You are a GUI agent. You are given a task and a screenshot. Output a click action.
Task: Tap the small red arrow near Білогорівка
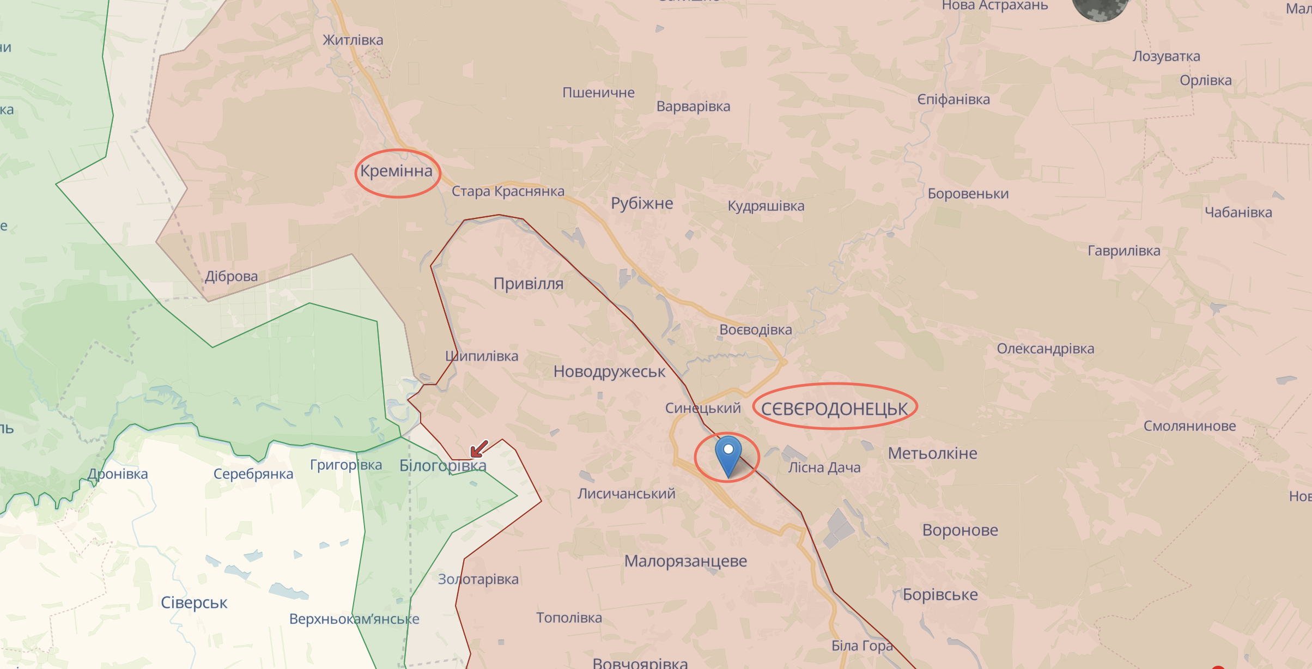pos(479,449)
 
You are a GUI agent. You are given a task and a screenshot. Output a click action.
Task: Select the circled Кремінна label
pos(396,171)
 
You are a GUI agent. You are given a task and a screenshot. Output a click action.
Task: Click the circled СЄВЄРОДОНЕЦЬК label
pos(834,409)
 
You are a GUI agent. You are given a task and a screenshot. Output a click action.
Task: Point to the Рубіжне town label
pos(642,203)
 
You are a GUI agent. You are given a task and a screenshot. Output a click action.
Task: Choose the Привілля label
pos(528,284)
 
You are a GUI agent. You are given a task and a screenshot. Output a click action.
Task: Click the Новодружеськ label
pos(609,372)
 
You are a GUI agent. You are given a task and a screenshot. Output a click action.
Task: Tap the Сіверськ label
pos(194,603)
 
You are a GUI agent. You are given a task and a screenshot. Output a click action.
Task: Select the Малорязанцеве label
pos(685,561)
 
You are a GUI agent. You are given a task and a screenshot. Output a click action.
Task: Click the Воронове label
pos(960,530)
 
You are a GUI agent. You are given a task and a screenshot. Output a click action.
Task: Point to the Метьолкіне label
pos(932,453)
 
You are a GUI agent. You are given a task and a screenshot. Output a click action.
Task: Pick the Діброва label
pos(231,276)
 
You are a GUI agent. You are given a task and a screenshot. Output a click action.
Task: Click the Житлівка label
pos(353,40)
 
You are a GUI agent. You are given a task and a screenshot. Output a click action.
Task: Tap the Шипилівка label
pos(482,356)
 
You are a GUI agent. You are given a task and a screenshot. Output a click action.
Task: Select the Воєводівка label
pos(755,330)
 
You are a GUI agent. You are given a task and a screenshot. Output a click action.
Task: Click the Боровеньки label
pos(968,194)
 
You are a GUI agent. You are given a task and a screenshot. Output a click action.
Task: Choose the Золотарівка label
pos(478,579)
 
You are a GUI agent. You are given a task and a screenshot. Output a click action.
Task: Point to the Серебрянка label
pos(253,474)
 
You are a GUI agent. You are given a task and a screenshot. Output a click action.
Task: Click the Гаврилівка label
pos(1123,251)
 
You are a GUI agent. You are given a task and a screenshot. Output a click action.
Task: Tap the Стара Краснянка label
pos(507,191)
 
